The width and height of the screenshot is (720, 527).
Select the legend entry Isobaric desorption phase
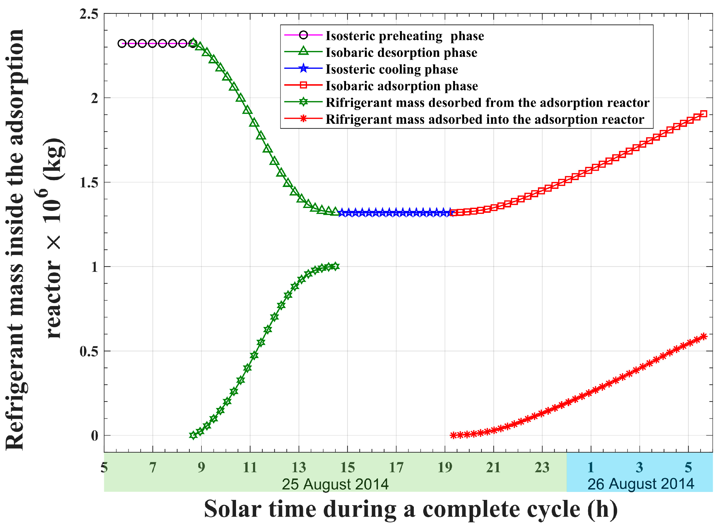coord(401,53)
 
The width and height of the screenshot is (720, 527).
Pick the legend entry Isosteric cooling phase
coord(391,69)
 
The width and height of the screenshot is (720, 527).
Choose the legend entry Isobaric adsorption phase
coord(402,86)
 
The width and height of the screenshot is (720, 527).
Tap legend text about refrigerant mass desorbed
coord(487,103)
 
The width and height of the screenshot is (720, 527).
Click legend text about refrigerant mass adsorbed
coord(485,119)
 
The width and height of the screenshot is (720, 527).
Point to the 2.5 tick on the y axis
coord(89,14)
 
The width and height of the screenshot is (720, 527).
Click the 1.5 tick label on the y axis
coord(89,183)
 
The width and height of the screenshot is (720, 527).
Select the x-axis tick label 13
coord(299,468)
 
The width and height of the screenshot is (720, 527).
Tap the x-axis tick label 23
coord(542,468)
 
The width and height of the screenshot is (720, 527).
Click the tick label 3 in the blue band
coord(639,468)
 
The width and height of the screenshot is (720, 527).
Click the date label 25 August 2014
coord(335,484)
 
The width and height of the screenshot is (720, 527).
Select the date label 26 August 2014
coord(641,484)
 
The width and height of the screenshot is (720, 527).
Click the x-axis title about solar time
coord(411,509)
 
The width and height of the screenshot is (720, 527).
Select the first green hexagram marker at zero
coord(193,435)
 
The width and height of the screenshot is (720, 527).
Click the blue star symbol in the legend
coord(304,68)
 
